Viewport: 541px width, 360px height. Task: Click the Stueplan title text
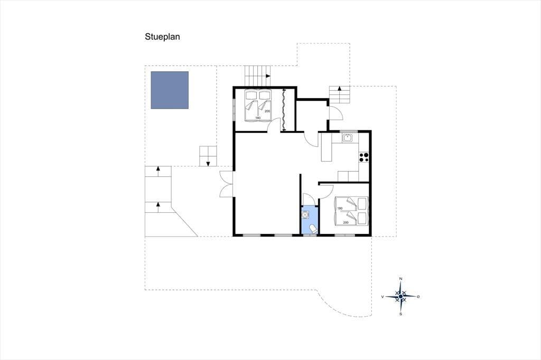(x=162, y=37)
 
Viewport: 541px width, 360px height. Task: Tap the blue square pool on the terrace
(x=170, y=90)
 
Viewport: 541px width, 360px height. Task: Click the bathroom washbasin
(x=305, y=215)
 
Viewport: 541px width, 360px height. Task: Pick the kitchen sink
(x=347, y=138)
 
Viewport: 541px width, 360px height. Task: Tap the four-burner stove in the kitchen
(x=363, y=157)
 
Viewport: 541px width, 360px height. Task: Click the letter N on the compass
(x=400, y=279)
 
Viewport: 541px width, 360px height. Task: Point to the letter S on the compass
(x=400, y=314)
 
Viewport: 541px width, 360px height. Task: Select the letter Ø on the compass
(x=418, y=297)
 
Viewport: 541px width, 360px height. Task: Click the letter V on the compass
(x=383, y=297)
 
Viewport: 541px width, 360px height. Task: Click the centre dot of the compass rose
(x=400, y=296)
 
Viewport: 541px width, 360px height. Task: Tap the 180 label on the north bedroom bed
(x=258, y=118)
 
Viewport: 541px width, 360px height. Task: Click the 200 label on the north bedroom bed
(x=267, y=111)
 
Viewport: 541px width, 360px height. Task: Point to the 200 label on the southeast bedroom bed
(x=346, y=222)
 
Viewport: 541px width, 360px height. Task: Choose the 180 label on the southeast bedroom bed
(x=340, y=209)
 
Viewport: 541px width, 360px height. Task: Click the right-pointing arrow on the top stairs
(x=268, y=75)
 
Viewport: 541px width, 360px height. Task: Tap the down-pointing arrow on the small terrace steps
(x=208, y=164)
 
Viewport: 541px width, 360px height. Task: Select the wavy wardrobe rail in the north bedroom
(x=284, y=110)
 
